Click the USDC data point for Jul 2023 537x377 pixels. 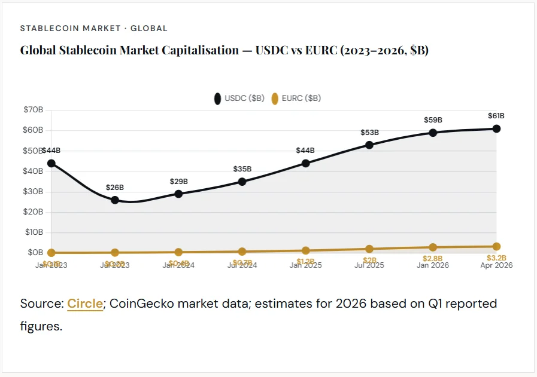(x=115, y=200)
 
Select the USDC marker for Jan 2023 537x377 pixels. (x=51, y=163)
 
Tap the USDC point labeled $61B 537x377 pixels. (x=496, y=128)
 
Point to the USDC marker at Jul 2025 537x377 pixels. (x=369, y=145)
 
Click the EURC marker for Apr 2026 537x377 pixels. (x=496, y=246)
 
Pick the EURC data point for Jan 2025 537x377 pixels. (x=306, y=250)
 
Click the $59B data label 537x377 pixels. (x=433, y=119)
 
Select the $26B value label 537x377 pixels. (x=115, y=187)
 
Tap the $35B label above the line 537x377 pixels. (x=242, y=168)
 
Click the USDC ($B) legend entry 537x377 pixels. (x=239, y=99)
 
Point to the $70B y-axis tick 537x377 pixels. (x=34, y=110)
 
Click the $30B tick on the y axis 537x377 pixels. (x=34, y=191)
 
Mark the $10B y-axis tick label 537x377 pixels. (x=34, y=232)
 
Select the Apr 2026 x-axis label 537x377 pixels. (x=496, y=265)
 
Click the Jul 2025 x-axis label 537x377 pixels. (x=369, y=265)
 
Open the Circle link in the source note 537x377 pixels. (x=85, y=304)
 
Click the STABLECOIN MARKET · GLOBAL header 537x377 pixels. (x=94, y=28)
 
